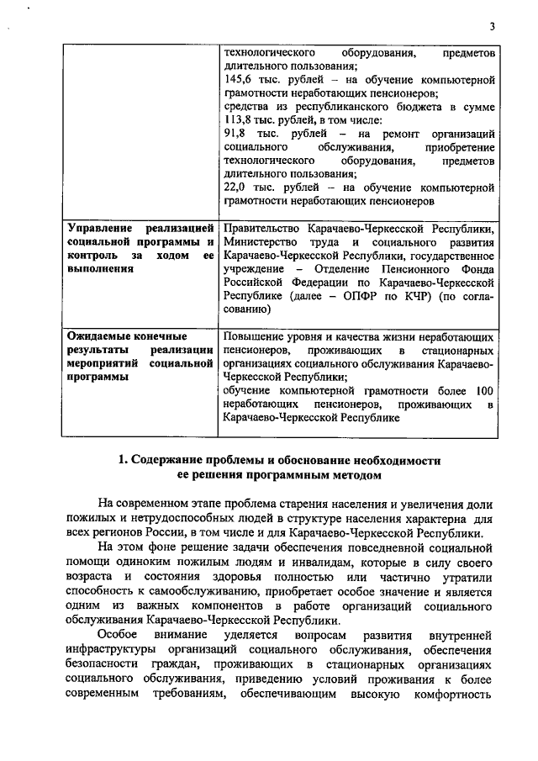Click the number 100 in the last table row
(x=483, y=391)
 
